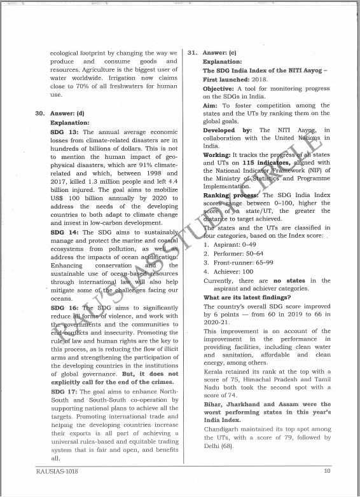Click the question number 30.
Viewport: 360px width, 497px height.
coord(39,113)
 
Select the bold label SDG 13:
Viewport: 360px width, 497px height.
coord(63,132)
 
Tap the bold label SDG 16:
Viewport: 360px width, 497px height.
coord(63,308)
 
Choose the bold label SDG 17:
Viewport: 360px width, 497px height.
coord(63,392)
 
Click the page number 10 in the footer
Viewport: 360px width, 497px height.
coord(327,471)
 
